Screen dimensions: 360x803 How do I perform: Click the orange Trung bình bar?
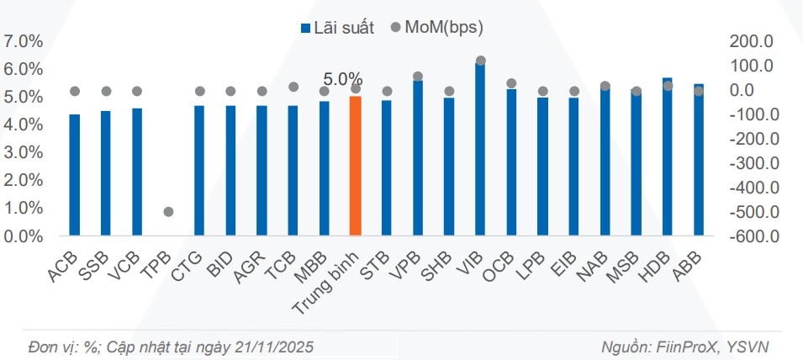(356, 166)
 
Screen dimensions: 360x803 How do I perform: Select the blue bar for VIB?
(480, 151)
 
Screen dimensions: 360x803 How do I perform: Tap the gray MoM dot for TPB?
(168, 212)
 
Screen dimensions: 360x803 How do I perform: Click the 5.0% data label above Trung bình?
(343, 79)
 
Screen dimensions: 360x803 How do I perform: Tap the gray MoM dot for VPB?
(418, 77)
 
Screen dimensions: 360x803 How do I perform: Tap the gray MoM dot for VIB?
(480, 61)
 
